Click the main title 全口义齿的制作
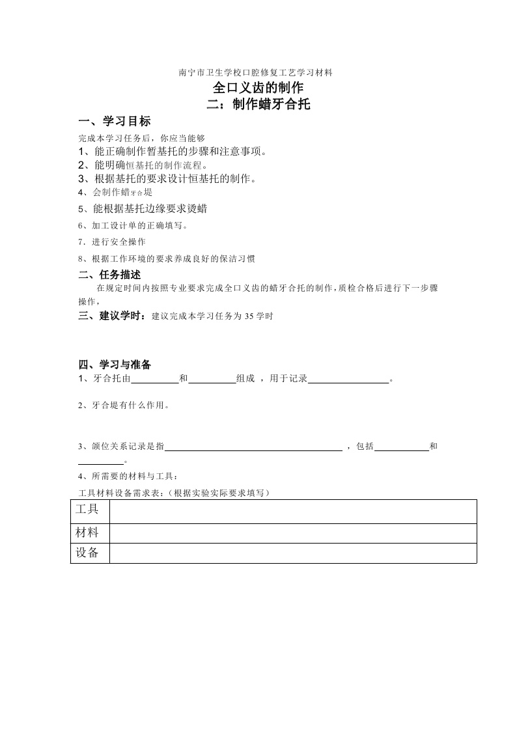[258, 88]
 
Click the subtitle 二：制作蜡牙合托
[258, 104]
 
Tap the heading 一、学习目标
[114, 122]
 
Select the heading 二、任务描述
[109, 275]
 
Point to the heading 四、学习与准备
[115, 364]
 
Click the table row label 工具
[87, 509]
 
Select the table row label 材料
[87, 532]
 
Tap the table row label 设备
[87, 553]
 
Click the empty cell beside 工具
[293, 511]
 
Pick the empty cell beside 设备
[293, 553]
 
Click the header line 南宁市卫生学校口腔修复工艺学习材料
[256, 72]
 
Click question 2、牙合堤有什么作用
[124, 406]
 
